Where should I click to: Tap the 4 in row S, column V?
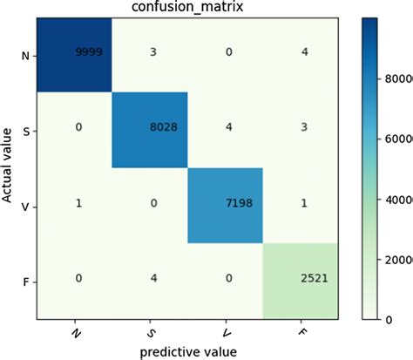click(225, 130)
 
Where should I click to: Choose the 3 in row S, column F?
click(301, 130)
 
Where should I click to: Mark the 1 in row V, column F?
click(301, 206)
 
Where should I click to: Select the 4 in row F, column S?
click(150, 281)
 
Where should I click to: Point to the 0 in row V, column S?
click(150, 206)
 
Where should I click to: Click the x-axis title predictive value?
click(187, 352)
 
